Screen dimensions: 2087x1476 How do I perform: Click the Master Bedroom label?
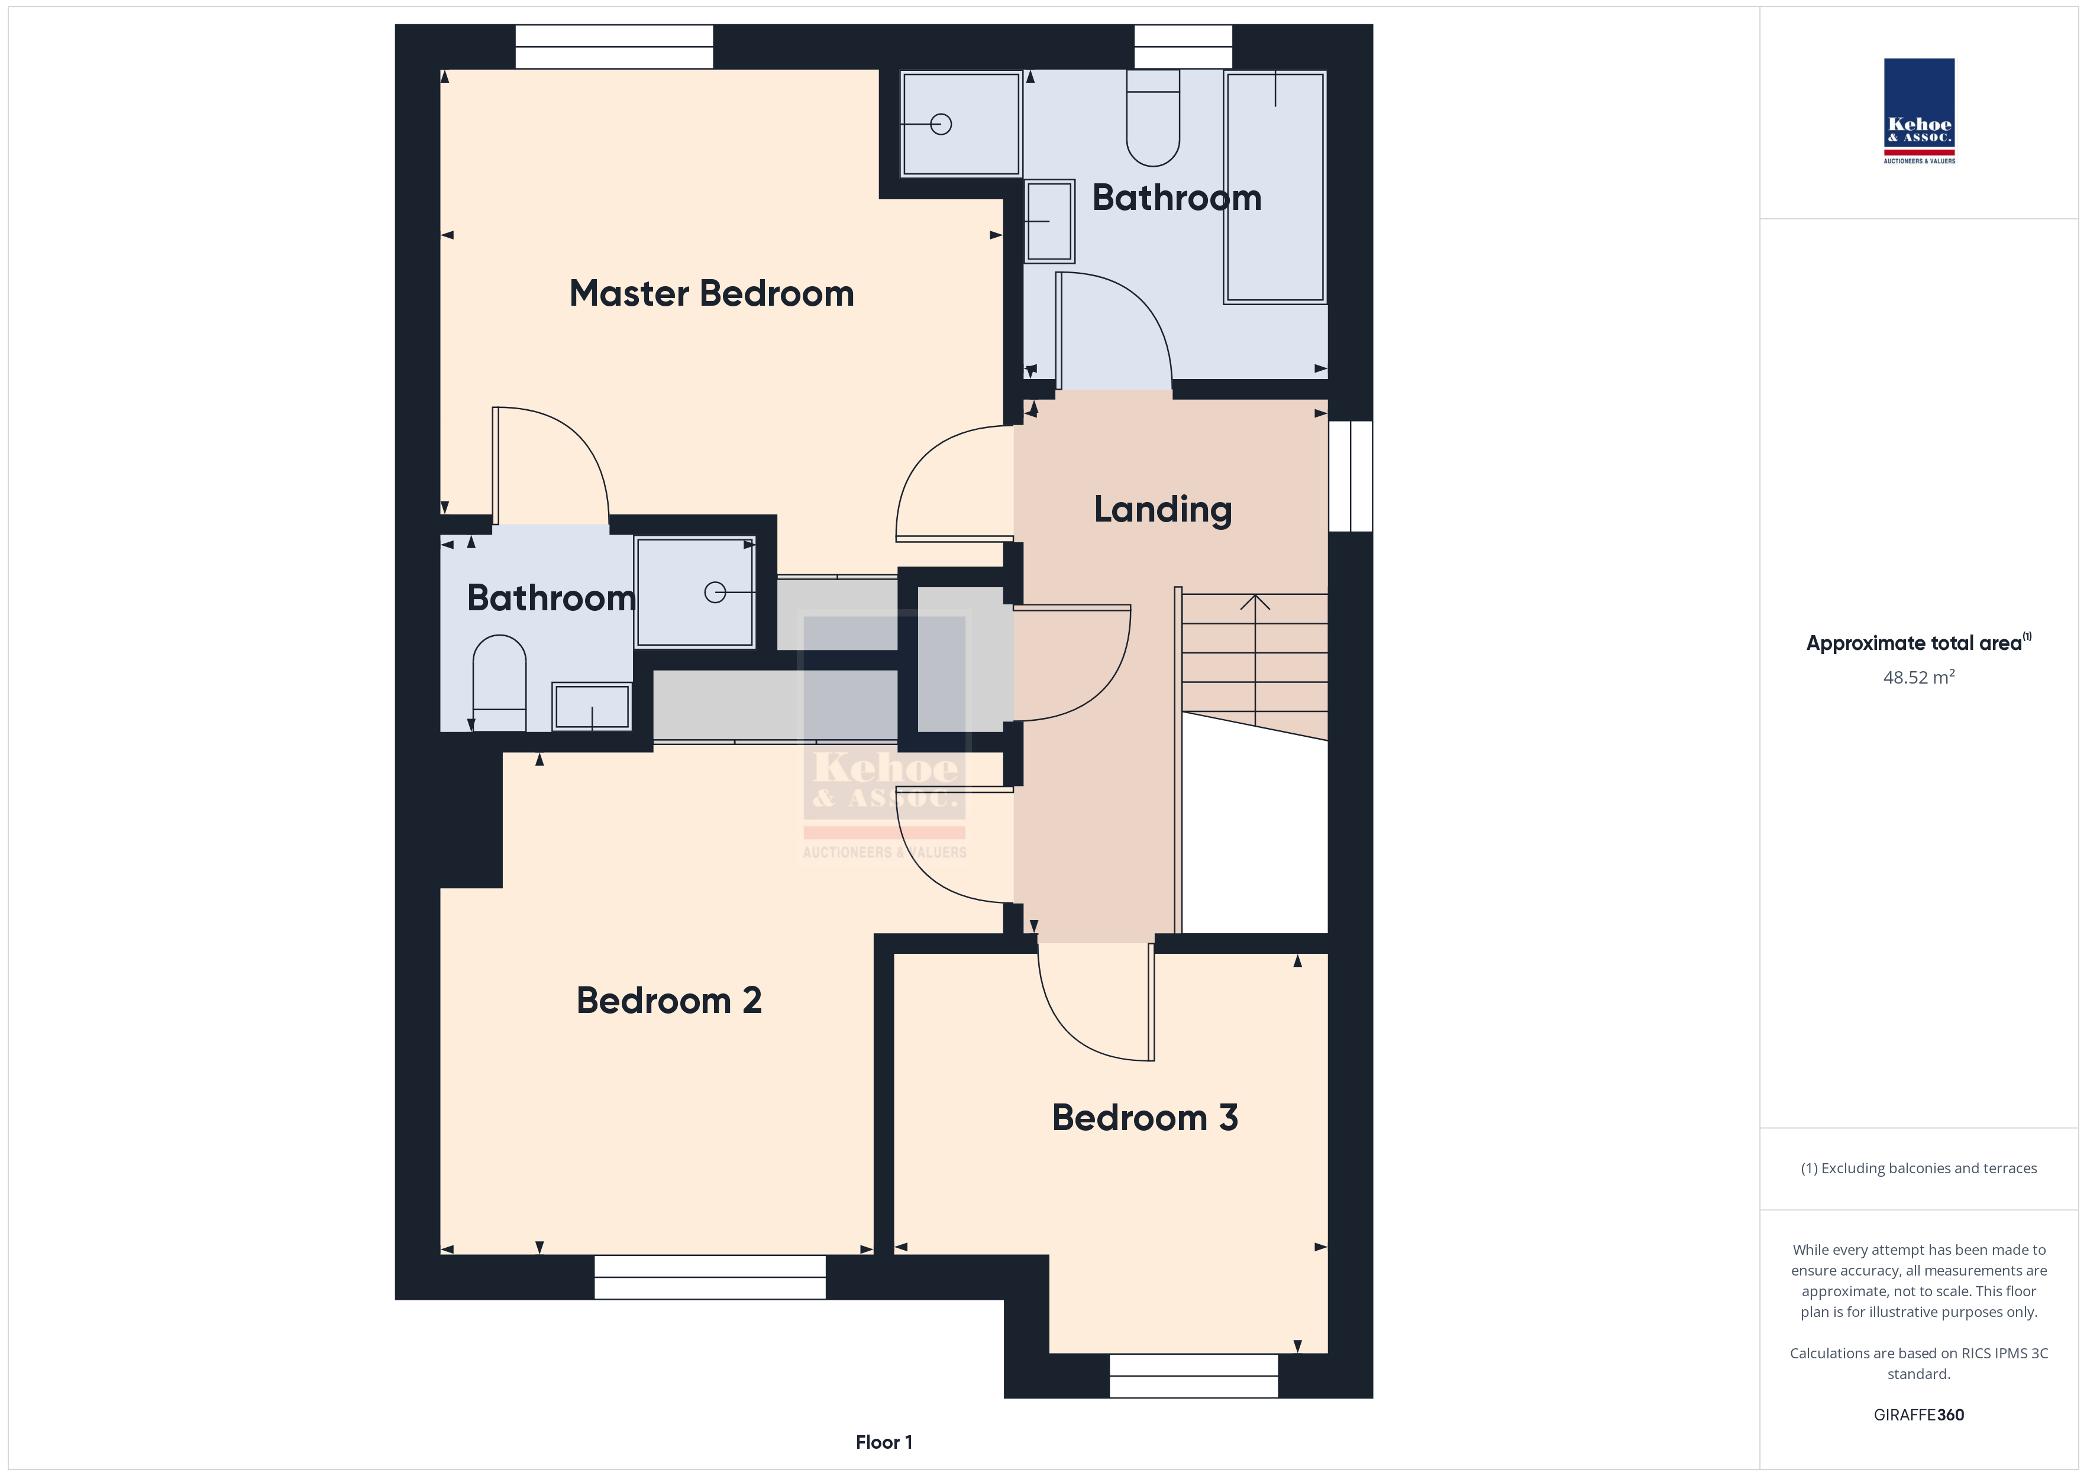(712, 293)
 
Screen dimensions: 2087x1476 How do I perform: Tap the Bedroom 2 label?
(669, 1001)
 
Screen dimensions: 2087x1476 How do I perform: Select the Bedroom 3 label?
(1145, 1118)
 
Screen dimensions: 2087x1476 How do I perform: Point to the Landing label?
(1162, 510)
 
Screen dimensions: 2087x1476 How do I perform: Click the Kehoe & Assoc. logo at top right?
(1919, 111)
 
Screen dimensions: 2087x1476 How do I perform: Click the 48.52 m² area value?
(1919, 677)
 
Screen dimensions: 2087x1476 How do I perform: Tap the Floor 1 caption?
(884, 1442)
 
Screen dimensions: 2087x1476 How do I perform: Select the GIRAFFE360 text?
(1919, 1415)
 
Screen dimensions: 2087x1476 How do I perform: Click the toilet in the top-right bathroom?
(1152, 118)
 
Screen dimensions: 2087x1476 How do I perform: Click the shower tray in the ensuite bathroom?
(694, 593)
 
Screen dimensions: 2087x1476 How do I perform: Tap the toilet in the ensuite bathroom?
(499, 682)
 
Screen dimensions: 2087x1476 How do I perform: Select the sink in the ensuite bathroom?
(592, 706)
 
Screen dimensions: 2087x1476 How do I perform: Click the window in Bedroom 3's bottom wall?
(1194, 1376)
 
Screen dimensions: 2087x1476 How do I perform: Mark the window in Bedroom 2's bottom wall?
(710, 1277)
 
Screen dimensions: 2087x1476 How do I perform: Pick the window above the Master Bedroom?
(615, 46)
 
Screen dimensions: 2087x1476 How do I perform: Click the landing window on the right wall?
(1351, 475)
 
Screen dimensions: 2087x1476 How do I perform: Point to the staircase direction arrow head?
(1255, 601)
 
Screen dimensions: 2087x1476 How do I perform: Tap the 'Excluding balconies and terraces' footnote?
(1919, 1169)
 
